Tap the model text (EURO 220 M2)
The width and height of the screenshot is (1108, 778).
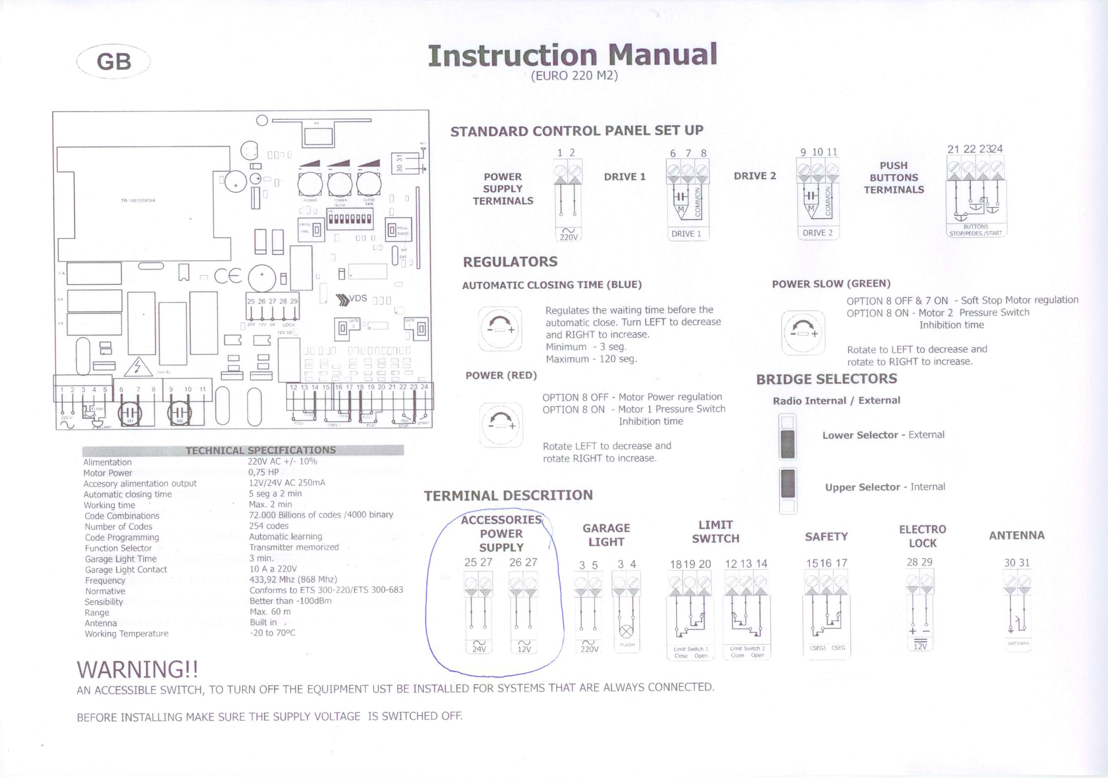click(x=574, y=76)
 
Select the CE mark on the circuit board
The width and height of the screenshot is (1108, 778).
click(x=228, y=276)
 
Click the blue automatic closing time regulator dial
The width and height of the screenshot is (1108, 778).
click(x=500, y=329)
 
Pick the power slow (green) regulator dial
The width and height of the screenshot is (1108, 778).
click(x=803, y=332)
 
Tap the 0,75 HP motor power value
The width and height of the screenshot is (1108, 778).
click(x=264, y=472)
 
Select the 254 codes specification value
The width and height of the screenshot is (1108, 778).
click(x=269, y=526)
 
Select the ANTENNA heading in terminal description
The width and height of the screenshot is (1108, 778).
click(x=1017, y=535)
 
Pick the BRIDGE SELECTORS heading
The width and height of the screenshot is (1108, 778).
click(x=827, y=379)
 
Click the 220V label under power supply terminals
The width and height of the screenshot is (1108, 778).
click(x=569, y=237)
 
